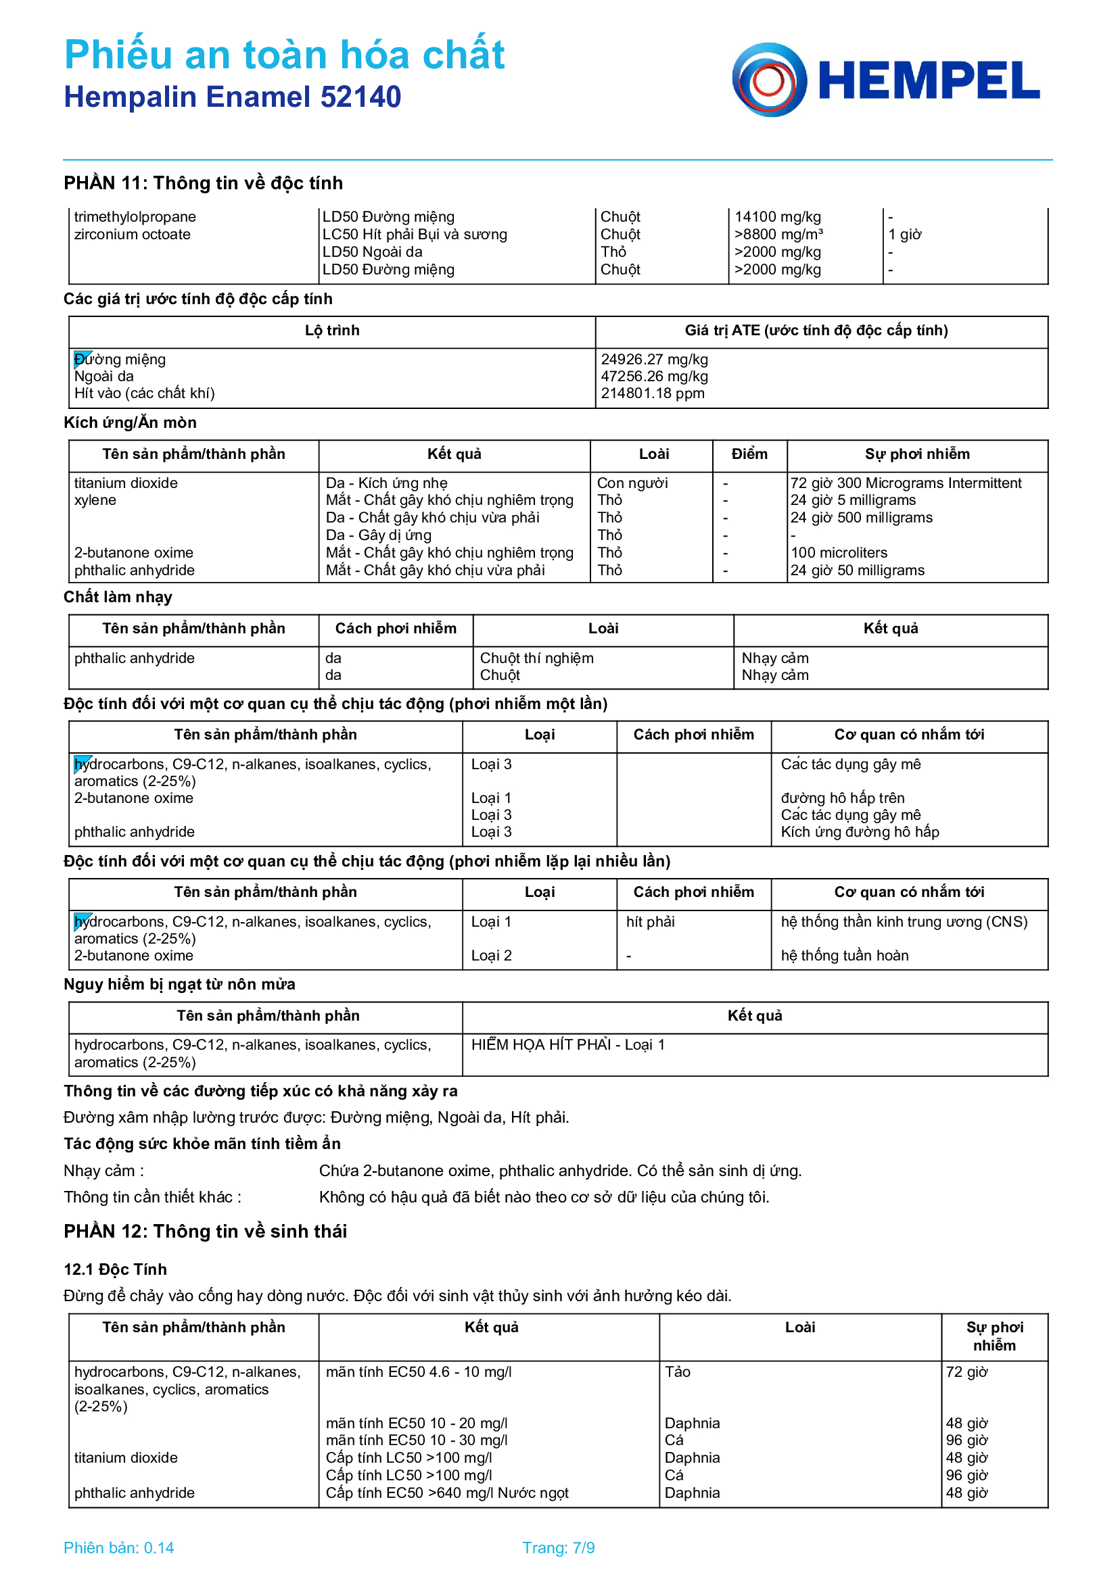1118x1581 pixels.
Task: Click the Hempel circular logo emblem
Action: point(769,80)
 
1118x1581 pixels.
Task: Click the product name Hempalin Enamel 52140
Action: point(232,97)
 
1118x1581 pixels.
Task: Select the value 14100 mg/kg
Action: point(777,217)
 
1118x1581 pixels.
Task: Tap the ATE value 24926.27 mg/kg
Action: point(654,360)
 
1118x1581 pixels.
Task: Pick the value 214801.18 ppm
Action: point(653,393)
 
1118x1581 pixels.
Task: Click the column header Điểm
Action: point(749,454)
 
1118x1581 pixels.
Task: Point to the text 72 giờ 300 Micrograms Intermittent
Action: point(905,483)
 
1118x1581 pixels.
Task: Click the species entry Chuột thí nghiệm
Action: point(536,658)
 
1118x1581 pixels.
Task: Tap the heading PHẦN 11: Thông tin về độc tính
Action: point(203,183)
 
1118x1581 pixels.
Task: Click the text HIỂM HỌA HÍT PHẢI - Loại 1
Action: point(567,1044)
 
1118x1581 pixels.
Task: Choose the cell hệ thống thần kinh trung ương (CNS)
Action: point(904,922)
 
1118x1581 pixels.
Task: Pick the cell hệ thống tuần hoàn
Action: point(844,956)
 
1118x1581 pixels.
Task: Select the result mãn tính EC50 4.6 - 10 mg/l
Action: point(418,1371)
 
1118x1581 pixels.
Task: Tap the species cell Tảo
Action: point(677,1371)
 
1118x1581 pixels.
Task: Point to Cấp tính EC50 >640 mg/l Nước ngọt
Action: point(446,1493)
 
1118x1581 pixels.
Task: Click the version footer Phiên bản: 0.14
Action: point(118,1548)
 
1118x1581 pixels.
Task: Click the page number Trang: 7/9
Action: point(558,1548)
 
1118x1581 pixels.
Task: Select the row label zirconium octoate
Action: point(133,235)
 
